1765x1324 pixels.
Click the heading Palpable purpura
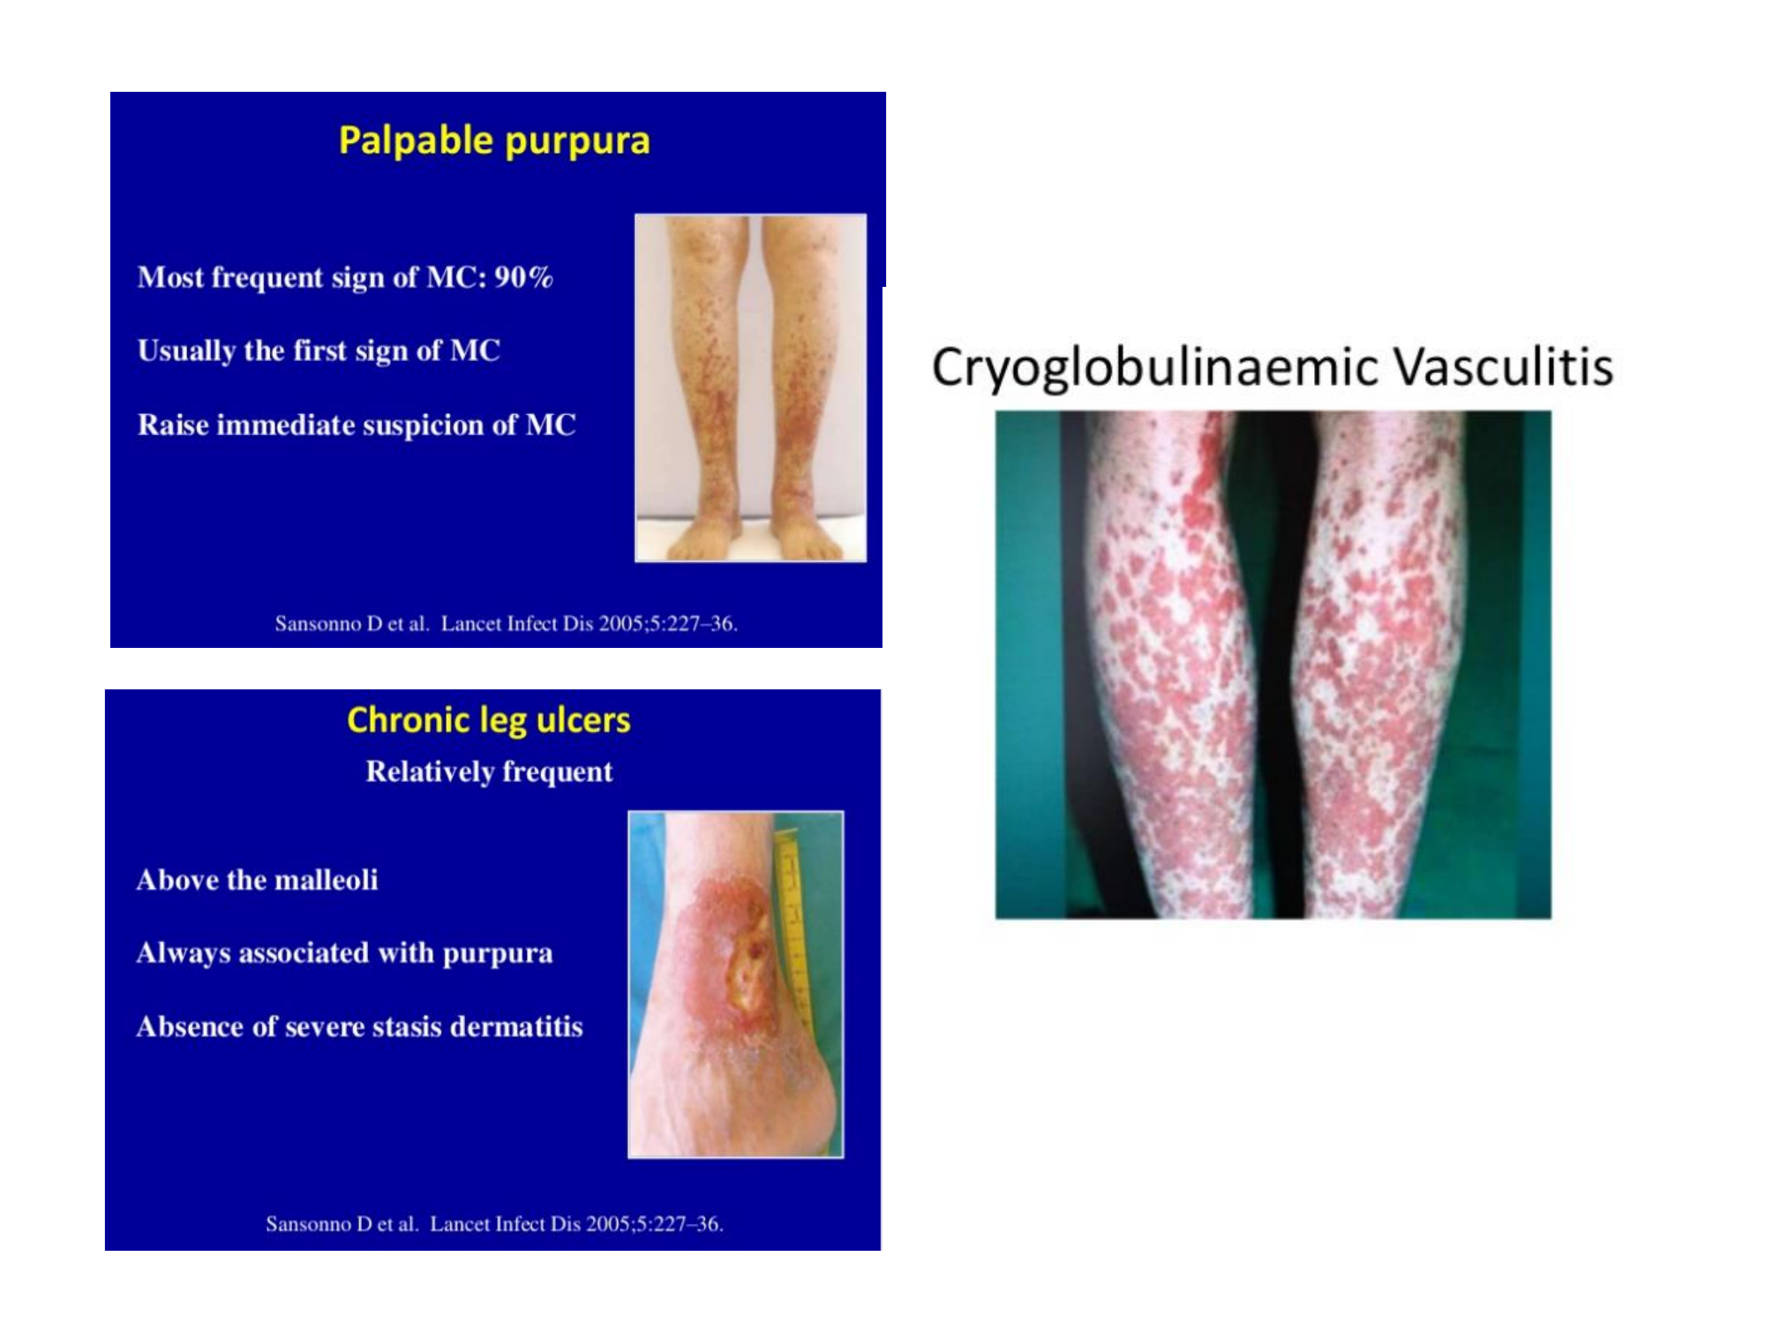click(x=494, y=141)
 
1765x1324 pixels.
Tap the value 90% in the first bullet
click(x=523, y=277)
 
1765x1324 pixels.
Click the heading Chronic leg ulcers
click(x=489, y=720)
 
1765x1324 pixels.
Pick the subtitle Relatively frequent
click(x=489, y=771)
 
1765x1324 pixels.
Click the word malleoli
click(x=335, y=879)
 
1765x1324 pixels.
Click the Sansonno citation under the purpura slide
click(x=506, y=624)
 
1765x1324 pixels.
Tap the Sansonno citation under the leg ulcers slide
click(x=494, y=1224)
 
